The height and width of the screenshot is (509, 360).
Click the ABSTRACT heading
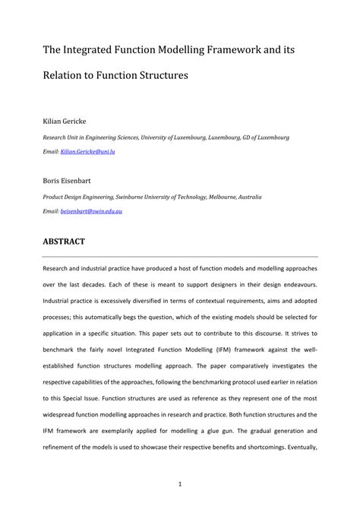tap(63, 241)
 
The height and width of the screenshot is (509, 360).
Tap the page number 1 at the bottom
tap(180, 484)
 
